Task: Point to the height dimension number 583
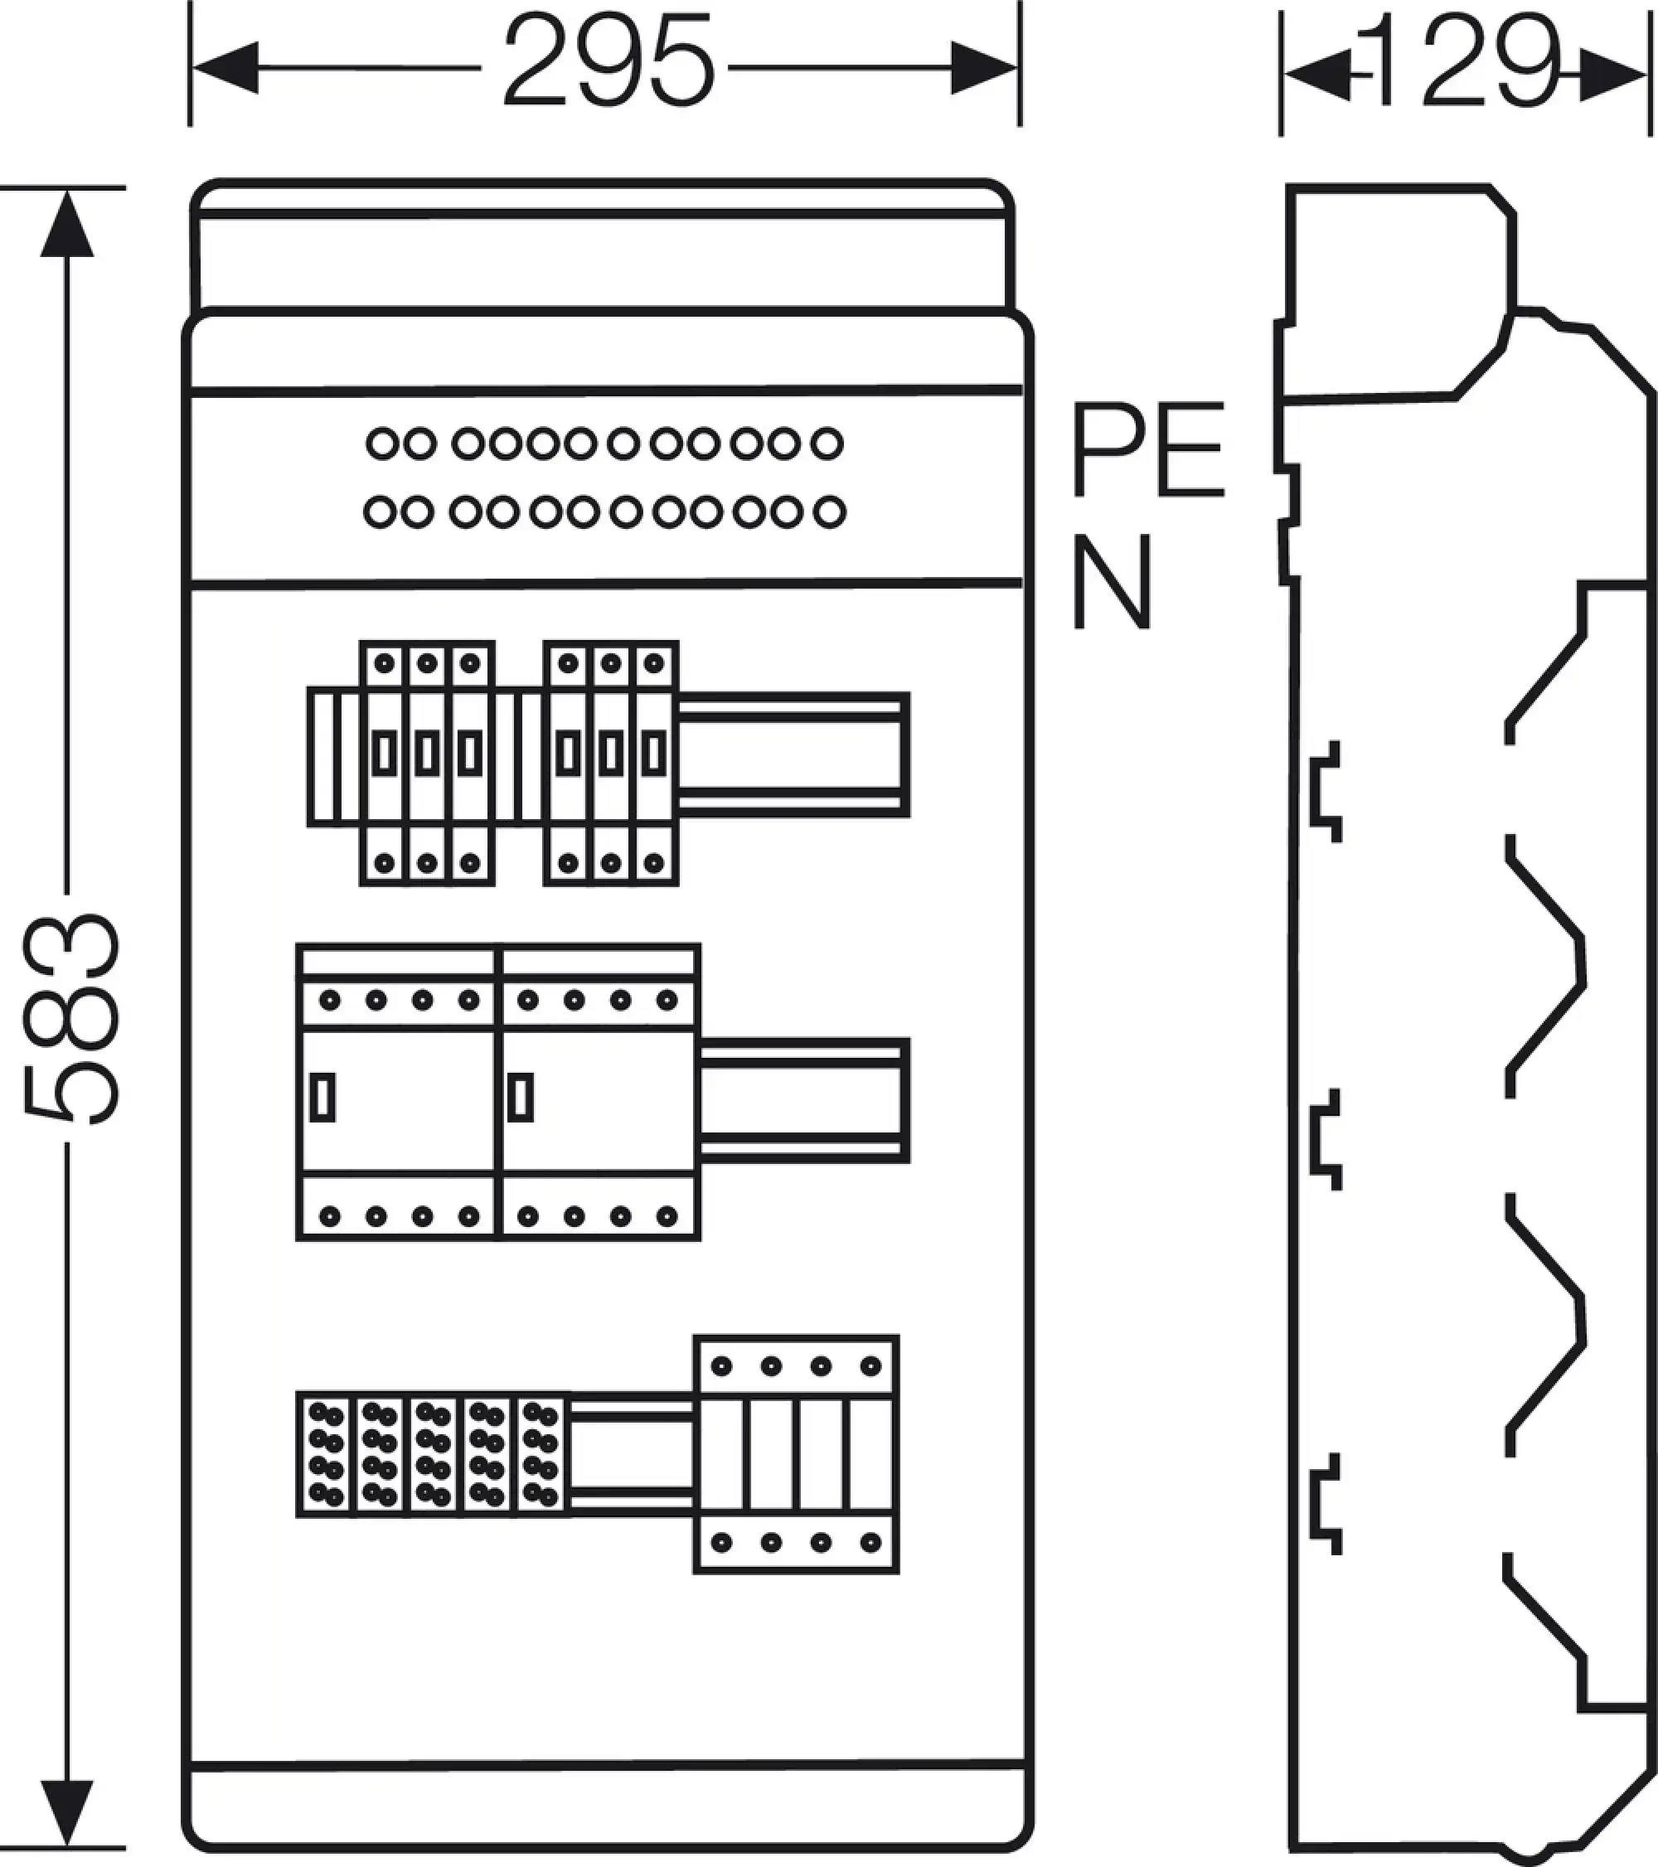tap(71, 1017)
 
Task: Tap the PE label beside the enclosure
tap(1147, 450)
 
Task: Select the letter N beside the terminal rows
tap(1111, 582)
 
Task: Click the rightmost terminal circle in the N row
tap(828, 512)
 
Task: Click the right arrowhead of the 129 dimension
tap(1612, 75)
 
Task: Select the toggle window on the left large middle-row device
tap(322, 1097)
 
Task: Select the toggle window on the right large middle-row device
tap(521, 1097)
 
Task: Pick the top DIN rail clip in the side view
tap(1326, 792)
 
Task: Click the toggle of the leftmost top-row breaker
tap(385, 755)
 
